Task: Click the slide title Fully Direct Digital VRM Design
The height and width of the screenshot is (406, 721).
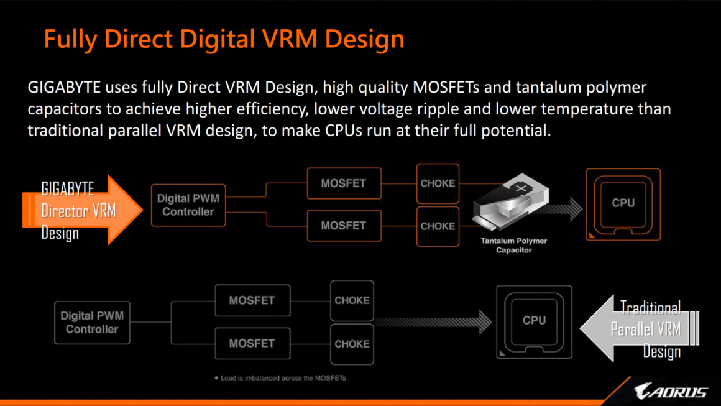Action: [224, 39]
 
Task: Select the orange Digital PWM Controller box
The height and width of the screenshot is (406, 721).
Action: [188, 205]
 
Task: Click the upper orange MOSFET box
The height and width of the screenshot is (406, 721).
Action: [344, 183]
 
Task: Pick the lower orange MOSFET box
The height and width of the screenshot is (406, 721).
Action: [344, 226]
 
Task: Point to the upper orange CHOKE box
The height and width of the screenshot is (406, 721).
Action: [438, 183]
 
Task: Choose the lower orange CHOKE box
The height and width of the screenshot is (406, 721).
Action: [438, 226]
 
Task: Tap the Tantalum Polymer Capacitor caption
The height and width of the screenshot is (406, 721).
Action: [514, 245]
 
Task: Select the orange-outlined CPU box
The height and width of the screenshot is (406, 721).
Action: [623, 204]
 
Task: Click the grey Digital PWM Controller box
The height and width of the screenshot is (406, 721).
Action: [92, 322]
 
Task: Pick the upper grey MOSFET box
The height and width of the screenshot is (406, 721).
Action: [252, 300]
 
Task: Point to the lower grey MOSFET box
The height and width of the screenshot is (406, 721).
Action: [252, 343]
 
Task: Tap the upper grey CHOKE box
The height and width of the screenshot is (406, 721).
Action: [352, 300]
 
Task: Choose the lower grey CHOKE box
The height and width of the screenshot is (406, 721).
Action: [352, 344]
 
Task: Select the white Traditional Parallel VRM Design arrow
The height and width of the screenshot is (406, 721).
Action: [640, 328]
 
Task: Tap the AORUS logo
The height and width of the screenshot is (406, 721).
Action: [671, 392]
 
